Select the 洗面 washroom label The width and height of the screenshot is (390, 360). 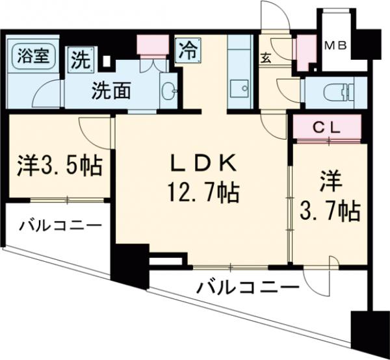[x=110, y=89]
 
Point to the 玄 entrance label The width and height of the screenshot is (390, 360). [x=266, y=58]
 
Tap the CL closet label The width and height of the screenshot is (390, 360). [x=324, y=127]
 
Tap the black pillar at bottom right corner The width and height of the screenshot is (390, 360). [x=368, y=333]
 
